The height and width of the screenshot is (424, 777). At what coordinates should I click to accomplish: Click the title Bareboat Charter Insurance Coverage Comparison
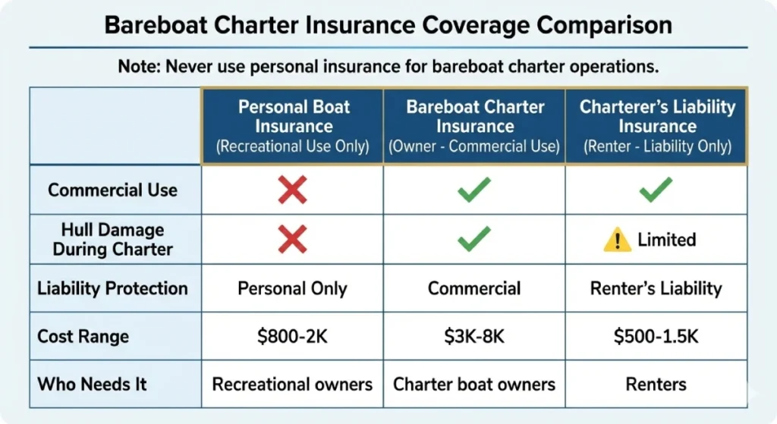[388, 26]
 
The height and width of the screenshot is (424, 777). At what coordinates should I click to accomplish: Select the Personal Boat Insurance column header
[292, 126]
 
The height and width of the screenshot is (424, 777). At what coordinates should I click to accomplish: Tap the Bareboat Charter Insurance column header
[474, 126]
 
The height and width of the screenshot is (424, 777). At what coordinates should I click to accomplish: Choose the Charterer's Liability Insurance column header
[657, 126]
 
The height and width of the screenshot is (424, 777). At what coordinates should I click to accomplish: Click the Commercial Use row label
[112, 190]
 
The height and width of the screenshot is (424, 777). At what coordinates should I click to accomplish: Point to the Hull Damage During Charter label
[112, 239]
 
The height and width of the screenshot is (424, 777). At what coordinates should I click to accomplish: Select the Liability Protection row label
[112, 288]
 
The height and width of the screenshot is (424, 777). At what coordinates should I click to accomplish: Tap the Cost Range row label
[83, 336]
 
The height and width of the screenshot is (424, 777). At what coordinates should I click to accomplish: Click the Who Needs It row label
[92, 384]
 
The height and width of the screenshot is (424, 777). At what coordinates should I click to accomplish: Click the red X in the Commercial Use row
[292, 190]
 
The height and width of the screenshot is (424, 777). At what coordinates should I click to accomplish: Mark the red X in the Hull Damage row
[292, 240]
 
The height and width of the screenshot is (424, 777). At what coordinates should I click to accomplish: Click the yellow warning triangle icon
[617, 240]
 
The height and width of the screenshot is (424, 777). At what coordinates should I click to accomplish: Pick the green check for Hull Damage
[474, 240]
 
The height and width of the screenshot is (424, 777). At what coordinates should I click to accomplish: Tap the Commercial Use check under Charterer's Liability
[656, 190]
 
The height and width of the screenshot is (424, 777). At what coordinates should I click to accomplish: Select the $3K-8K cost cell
[474, 336]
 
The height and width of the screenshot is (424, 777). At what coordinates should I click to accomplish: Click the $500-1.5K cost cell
[656, 336]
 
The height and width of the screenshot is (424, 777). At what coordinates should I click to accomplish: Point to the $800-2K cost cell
[292, 336]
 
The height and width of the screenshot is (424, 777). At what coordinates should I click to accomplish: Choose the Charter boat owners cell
[474, 384]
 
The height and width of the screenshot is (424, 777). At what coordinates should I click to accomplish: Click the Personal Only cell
[292, 288]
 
